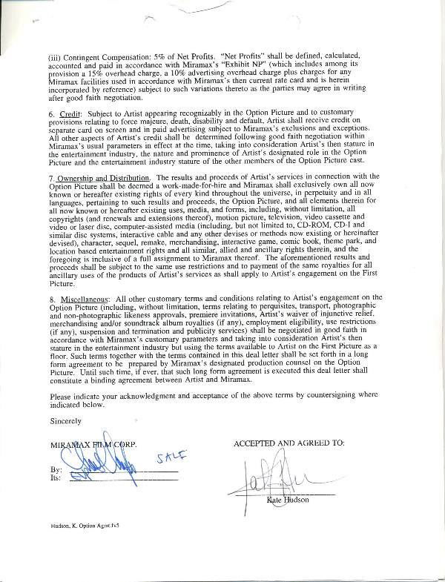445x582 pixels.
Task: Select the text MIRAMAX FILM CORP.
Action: pyautogui.click(x=93, y=444)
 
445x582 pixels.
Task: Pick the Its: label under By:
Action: pyautogui.click(x=56, y=478)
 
